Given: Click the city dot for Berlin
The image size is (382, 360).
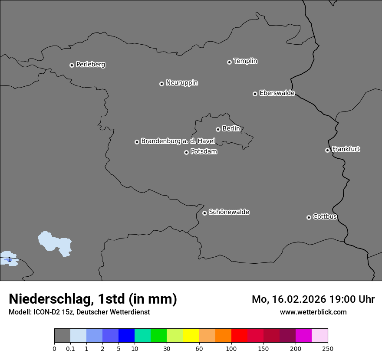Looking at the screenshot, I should [218, 129].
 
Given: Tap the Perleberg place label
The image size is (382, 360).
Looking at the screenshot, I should [90, 65].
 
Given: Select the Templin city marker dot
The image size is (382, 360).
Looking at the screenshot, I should [229, 62].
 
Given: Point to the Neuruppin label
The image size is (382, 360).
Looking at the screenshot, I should [181, 83].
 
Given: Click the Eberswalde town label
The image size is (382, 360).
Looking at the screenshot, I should [277, 93].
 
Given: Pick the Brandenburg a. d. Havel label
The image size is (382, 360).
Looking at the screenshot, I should [178, 141].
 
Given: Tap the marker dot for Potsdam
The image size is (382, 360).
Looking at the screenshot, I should [186, 152].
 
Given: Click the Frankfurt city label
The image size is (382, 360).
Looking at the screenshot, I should [346, 149].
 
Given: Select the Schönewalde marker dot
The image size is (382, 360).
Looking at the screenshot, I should [204, 213].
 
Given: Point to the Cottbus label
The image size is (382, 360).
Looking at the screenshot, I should [325, 217].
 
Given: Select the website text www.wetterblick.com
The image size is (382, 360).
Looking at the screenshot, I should [313, 312].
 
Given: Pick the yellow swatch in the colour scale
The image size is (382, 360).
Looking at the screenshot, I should [191, 336].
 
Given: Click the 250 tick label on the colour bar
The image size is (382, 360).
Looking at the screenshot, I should [328, 348].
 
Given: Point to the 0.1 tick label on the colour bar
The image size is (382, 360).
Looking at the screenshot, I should [70, 348].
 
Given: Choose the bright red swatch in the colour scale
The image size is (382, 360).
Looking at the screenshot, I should [239, 336].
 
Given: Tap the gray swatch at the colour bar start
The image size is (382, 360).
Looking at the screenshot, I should [62, 336].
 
